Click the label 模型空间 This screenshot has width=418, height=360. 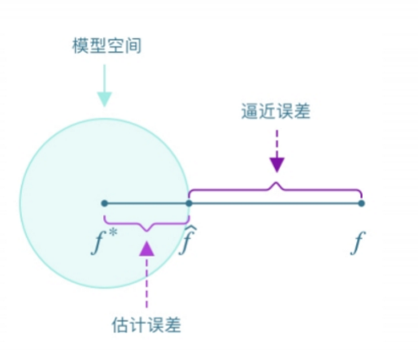pyautogui.click(x=107, y=46)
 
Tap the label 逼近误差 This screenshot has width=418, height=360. pyautogui.click(x=276, y=111)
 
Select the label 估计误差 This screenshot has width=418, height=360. pyautogui.click(x=146, y=324)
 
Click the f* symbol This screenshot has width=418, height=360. pyautogui.click(x=104, y=241)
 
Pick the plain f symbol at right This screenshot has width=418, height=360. pyautogui.click(x=358, y=243)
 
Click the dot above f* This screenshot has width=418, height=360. pyautogui.click(x=104, y=203)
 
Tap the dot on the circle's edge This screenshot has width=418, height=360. pyautogui.click(x=189, y=203)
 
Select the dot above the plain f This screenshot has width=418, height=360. pyautogui.click(x=361, y=203)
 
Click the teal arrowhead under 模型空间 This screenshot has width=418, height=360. pyautogui.click(x=105, y=99)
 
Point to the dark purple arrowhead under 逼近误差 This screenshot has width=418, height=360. pyautogui.click(x=276, y=165)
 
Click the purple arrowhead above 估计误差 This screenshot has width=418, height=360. pyautogui.click(x=146, y=249)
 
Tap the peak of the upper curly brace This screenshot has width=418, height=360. pyautogui.click(x=276, y=183)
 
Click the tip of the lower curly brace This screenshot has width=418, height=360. pyautogui.click(x=146, y=231)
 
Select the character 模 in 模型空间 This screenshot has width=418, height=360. pyautogui.click(x=81, y=46)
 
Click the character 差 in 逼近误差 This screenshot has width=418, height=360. pyautogui.click(x=302, y=111)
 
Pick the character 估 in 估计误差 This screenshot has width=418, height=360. pyautogui.click(x=120, y=324)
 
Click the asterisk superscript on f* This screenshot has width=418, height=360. pyautogui.click(x=113, y=233)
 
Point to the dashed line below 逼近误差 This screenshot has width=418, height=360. pyautogui.click(x=276, y=144)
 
